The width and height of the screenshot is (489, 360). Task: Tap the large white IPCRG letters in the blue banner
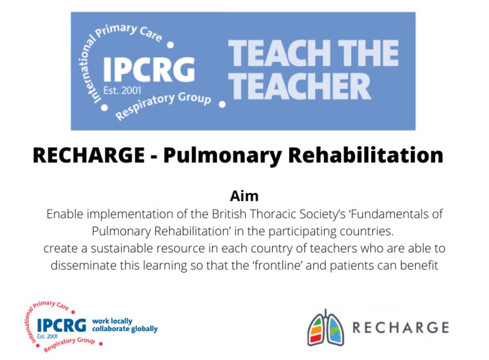coord(149,70)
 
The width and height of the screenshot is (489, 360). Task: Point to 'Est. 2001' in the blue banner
coord(122,91)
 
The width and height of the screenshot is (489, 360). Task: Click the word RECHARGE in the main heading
coord(88,155)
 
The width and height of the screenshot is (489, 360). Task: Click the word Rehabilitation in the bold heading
coord(365,155)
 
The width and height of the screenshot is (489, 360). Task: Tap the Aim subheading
coord(244,196)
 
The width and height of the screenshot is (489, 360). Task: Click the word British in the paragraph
coord(229,214)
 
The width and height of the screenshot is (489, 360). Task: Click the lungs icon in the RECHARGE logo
coord(325,327)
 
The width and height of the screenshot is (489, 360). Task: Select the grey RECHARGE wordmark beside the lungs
coord(401,327)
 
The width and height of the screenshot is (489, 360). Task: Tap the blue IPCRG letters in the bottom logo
coord(61,326)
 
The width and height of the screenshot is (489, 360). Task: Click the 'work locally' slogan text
coord(112,321)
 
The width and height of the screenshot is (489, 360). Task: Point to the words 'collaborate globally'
coord(125,329)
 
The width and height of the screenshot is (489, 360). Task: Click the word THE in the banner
coord(368,53)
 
